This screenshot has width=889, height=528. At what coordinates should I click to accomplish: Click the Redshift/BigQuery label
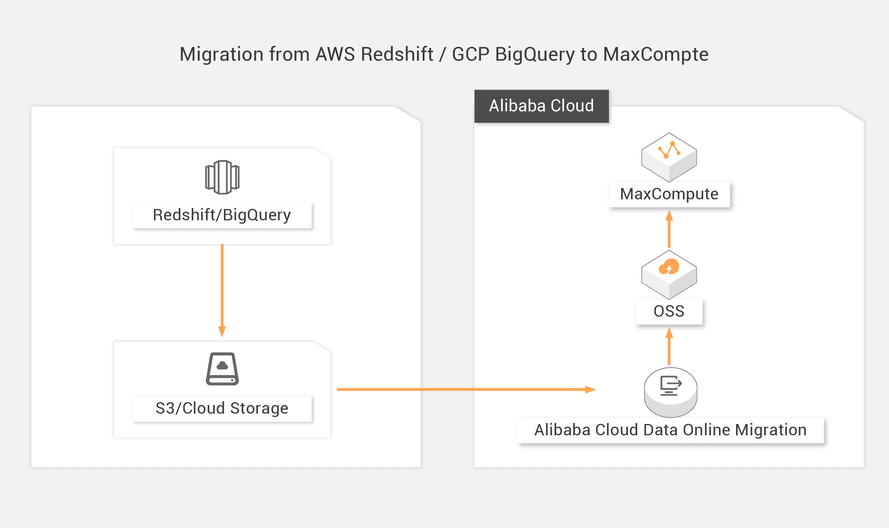click(222, 215)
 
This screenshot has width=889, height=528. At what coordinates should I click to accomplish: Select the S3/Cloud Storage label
click(222, 408)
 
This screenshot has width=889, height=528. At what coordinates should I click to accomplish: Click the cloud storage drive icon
click(222, 369)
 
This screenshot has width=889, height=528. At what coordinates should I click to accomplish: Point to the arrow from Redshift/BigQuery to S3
click(222, 290)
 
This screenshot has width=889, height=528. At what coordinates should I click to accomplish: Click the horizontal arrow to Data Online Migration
click(466, 390)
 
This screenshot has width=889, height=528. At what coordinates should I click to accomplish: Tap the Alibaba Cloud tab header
click(541, 106)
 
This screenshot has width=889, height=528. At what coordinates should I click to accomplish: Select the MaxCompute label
click(669, 194)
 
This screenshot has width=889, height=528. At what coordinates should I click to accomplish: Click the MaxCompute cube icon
click(669, 157)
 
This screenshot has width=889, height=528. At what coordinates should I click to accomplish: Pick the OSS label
click(669, 311)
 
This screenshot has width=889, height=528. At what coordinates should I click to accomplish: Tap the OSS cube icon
click(669, 274)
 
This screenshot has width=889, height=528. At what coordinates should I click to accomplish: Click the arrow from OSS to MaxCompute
click(669, 229)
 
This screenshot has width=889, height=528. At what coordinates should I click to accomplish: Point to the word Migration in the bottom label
click(771, 430)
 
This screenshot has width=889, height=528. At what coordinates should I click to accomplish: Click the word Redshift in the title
click(397, 54)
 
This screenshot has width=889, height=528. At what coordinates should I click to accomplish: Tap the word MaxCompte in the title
click(656, 54)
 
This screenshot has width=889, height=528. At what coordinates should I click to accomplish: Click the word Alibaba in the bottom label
click(562, 430)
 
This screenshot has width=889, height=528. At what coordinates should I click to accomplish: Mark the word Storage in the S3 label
click(259, 408)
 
